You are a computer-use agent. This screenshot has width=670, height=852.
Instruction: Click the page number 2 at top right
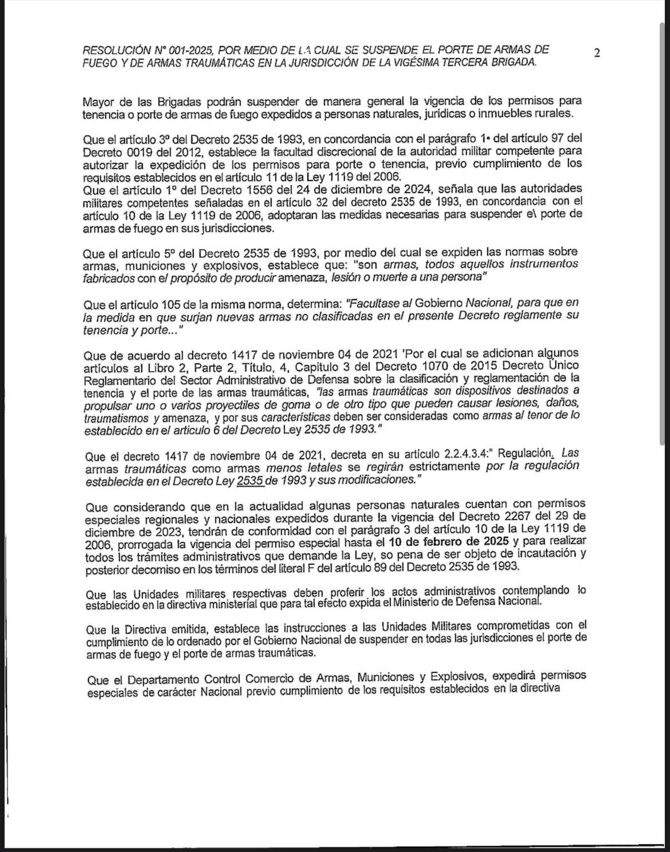pyautogui.click(x=597, y=53)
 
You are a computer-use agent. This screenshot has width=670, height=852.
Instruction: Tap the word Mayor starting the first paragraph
pyautogui.click(x=98, y=102)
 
